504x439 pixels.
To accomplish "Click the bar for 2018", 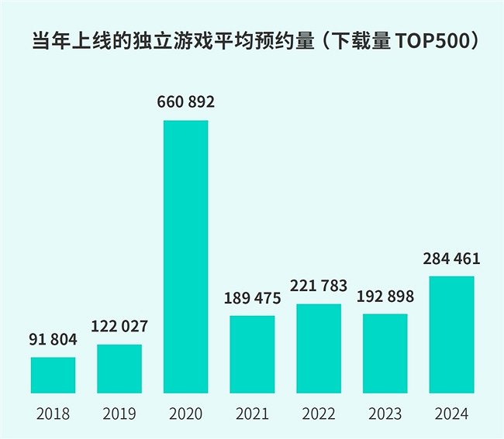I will [53, 375].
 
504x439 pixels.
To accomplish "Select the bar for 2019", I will [119, 369].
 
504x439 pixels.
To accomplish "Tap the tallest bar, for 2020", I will [185, 256].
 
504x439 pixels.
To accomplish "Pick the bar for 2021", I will [252, 354].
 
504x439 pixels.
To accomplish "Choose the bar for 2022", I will [319, 348].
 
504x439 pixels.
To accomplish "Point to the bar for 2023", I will [385, 353].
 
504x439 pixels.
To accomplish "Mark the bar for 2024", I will [451, 334].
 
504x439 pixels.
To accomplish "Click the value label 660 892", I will [185, 102].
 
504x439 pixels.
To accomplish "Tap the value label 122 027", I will [119, 327].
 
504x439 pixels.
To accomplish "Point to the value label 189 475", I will [252, 298].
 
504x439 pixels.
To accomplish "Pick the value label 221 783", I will [319, 286].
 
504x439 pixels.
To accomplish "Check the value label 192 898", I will [385, 297].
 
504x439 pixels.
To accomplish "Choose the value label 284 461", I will [451, 258].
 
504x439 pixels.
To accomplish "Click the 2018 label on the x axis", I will [53, 413].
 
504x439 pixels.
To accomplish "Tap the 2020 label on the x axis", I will [185, 413].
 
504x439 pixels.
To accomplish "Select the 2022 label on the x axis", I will [319, 413].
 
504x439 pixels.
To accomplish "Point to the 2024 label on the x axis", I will [451, 413].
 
